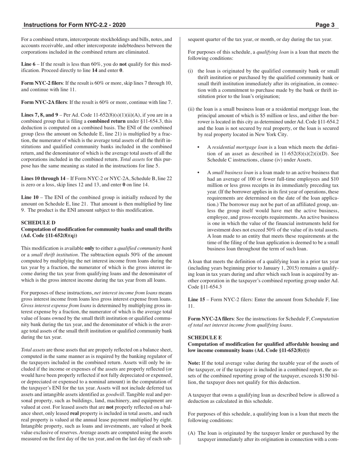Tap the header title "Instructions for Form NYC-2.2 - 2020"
pyautogui.click(x=74, y=25)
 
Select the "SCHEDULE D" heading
pyautogui.click(x=38, y=223)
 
